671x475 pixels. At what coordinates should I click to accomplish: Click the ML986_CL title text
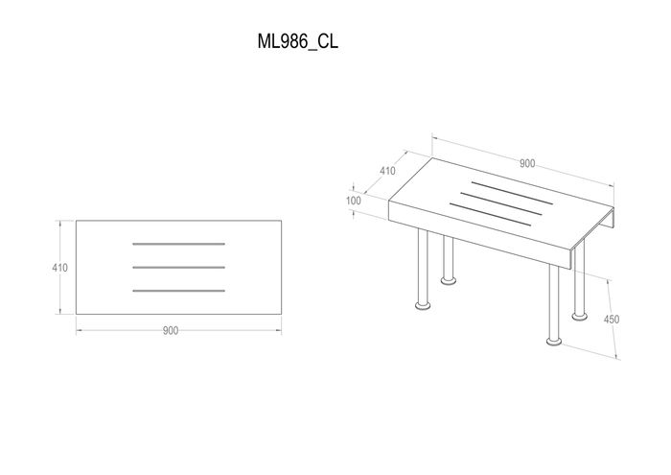coord(297,41)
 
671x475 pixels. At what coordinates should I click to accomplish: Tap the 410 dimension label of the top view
coord(59,268)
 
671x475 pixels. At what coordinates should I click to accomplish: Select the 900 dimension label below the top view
coord(171,331)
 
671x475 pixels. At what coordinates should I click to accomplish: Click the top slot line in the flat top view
coord(179,244)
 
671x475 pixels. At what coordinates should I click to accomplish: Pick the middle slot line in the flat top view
coord(179,268)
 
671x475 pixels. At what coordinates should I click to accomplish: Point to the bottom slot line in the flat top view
coord(179,291)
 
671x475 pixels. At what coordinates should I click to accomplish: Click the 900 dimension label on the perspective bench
coord(527,163)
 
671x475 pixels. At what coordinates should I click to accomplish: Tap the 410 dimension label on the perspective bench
coord(387,171)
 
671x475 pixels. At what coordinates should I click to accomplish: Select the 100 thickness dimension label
coord(354,201)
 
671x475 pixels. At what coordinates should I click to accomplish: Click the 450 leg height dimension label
coord(612,320)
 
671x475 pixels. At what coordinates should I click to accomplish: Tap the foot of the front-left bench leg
coord(424,305)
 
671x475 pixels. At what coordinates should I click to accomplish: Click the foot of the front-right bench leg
coord(554,342)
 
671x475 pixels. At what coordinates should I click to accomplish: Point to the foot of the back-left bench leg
coord(448,281)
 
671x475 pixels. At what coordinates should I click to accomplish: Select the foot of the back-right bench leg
coord(579,316)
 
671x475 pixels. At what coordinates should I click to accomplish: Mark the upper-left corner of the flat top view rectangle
coord(76,221)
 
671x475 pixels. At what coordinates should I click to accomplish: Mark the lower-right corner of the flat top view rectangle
coord(282,315)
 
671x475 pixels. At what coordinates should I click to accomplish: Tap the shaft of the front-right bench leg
coord(554,301)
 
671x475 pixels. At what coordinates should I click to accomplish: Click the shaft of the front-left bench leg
coord(423,266)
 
